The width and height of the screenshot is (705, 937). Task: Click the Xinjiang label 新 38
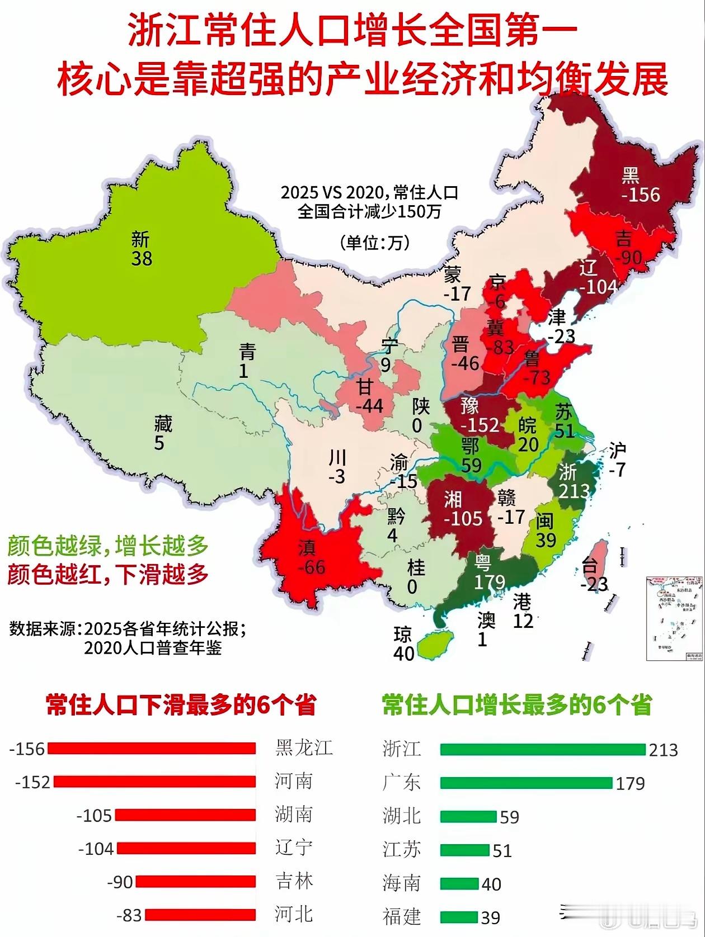(x=141, y=249)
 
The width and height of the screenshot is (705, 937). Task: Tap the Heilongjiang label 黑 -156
(x=640, y=185)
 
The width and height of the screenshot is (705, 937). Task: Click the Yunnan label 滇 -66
(x=311, y=557)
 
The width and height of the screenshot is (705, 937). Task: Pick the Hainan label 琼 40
(x=403, y=643)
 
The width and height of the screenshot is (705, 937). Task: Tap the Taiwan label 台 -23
(x=594, y=575)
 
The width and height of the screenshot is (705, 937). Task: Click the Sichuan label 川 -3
(x=337, y=467)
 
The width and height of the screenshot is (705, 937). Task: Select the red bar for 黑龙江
(x=152, y=748)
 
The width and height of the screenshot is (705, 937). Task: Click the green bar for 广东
(x=526, y=783)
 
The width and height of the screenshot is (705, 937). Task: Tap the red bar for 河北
(x=200, y=915)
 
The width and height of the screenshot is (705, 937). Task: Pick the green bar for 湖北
(x=468, y=816)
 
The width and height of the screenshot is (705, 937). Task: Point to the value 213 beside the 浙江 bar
(x=663, y=750)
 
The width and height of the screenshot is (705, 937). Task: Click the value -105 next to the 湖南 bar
(x=95, y=816)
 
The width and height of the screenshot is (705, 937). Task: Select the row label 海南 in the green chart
(x=402, y=883)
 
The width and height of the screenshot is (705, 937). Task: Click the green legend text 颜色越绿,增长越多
(x=108, y=546)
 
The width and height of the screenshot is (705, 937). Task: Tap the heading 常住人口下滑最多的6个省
(x=181, y=705)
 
